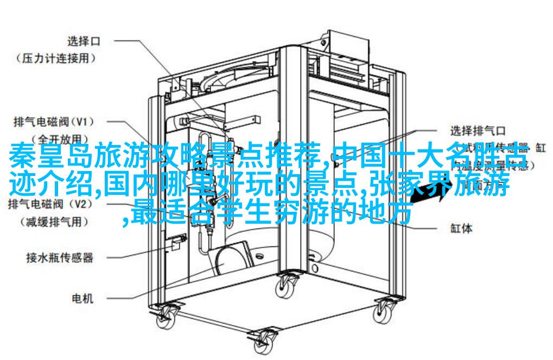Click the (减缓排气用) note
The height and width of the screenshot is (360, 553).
pyautogui.click(x=56, y=222)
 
